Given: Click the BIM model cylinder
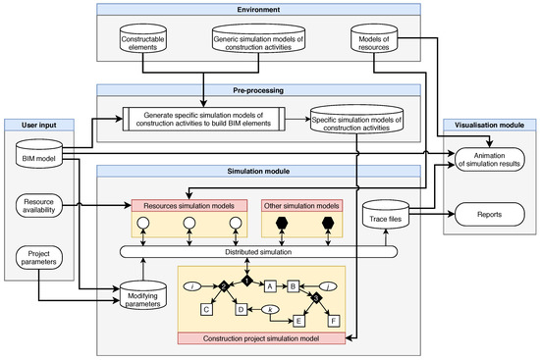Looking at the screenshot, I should (37, 155).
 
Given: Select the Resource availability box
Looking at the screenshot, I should (37, 205).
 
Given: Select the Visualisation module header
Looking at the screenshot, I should (488, 126).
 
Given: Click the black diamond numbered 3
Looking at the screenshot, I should (316, 295).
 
